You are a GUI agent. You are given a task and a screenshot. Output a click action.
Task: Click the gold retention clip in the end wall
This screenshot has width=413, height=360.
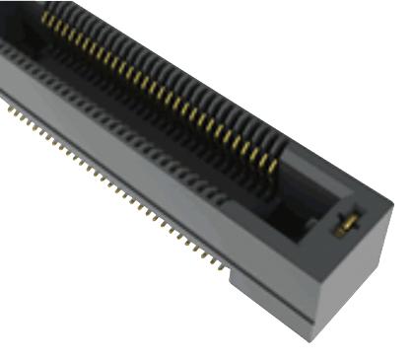pyautogui.click(x=344, y=224)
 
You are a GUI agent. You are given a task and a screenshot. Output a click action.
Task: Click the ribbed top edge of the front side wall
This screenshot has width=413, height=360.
pyautogui.click(x=148, y=148)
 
